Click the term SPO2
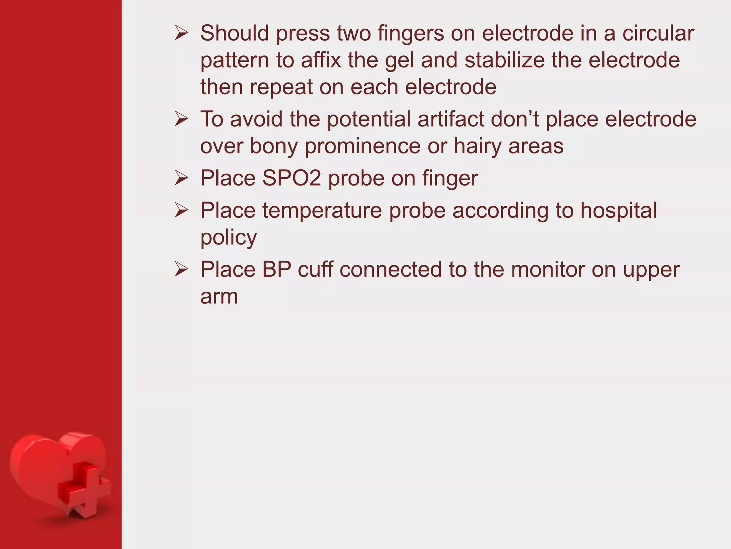tap(292, 178)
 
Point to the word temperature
tap(322, 210)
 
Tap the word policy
tap(228, 238)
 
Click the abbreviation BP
tap(277, 269)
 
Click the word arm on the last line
tap(219, 297)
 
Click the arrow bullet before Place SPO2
tap(181, 178)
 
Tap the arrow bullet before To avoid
tap(181, 119)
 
